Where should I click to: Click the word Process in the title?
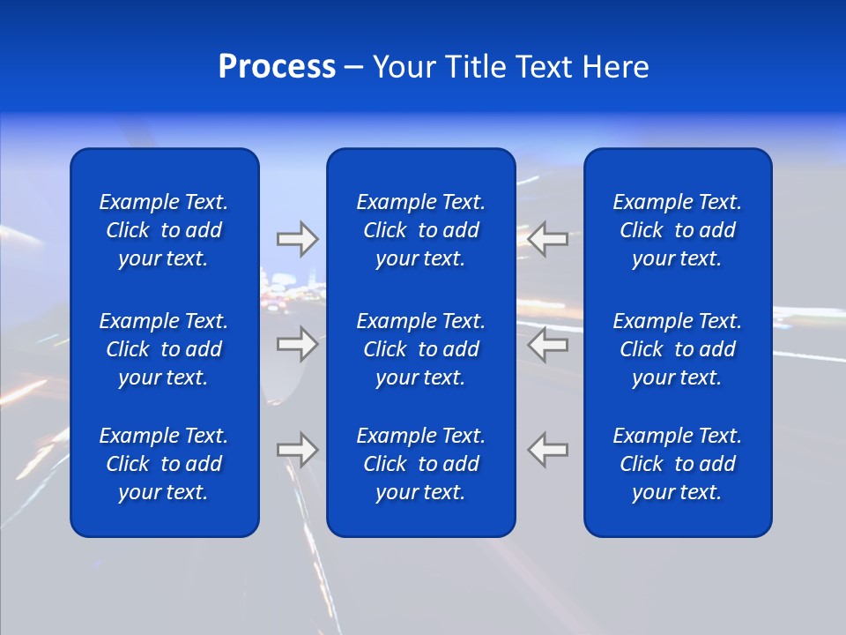coord(277,67)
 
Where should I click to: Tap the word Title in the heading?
coord(475,67)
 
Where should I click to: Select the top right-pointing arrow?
coord(298,239)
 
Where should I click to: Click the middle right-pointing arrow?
coord(298,344)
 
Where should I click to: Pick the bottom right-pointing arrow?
coord(298,450)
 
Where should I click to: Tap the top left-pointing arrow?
coord(547,239)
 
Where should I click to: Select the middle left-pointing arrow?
coord(547,344)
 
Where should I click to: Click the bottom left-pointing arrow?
coord(547,450)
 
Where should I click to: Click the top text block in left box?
coord(164,230)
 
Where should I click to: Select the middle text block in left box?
coord(164,349)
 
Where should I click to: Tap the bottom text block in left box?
coord(164,464)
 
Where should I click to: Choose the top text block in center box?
coord(420,230)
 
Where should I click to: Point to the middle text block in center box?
coord(420,349)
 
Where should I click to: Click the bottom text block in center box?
coord(420,464)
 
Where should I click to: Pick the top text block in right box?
coord(677,230)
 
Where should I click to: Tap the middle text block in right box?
coord(677,349)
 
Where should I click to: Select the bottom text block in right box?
coord(677,464)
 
